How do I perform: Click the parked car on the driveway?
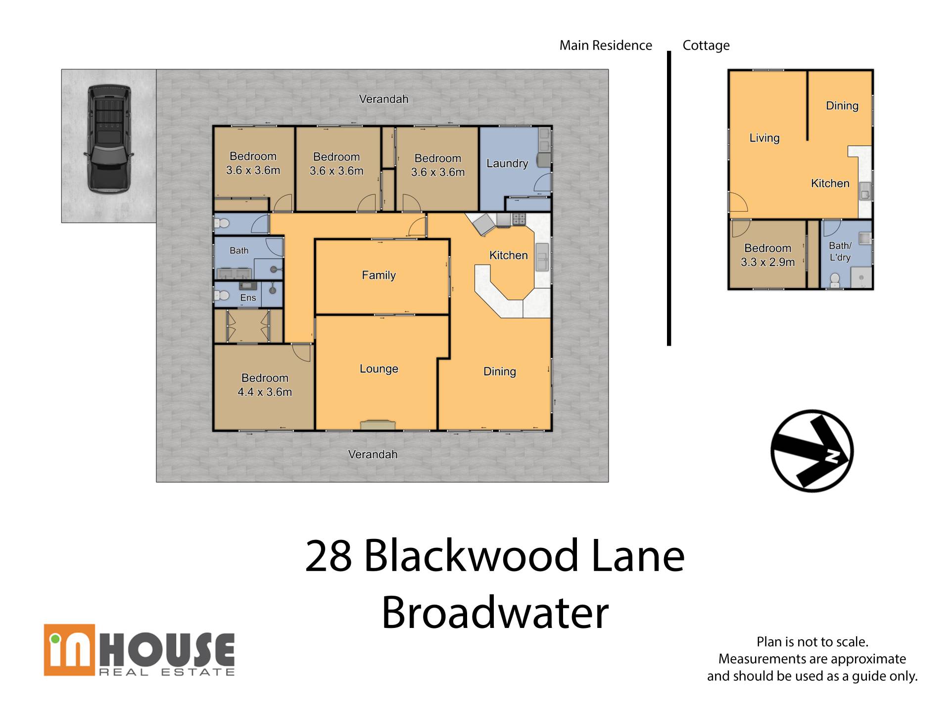(x=109, y=139)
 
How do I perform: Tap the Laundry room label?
(x=507, y=164)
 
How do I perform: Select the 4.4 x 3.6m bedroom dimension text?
(x=265, y=392)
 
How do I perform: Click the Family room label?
(x=379, y=275)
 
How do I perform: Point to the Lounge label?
(x=379, y=369)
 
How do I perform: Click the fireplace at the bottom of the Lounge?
(x=378, y=425)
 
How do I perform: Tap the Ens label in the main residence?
(x=248, y=298)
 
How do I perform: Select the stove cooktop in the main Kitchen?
(x=519, y=219)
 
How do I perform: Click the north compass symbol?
(x=812, y=450)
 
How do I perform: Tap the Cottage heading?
(x=706, y=45)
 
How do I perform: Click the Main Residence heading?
(x=606, y=45)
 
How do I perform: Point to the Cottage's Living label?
(x=764, y=138)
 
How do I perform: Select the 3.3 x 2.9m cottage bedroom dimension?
(x=767, y=262)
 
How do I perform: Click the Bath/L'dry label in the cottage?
(x=840, y=251)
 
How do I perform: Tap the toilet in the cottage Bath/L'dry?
(x=835, y=280)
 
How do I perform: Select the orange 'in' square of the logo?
(x=69, y=650)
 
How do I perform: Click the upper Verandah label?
(x=383, y=99)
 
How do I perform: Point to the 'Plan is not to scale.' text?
(x=812, y=642)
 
